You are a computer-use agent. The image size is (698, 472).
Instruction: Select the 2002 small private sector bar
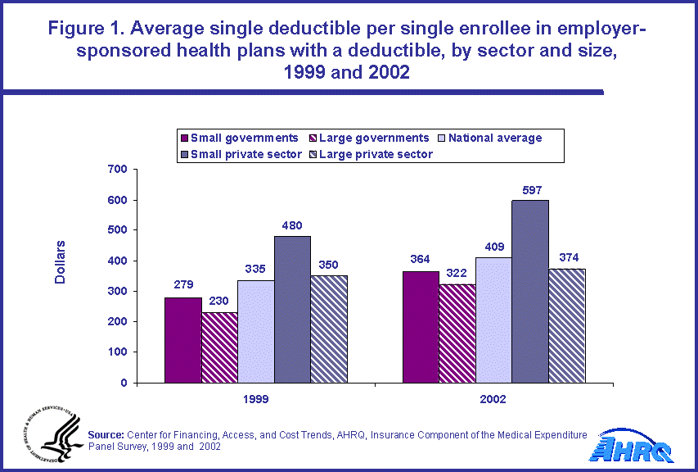(x=530, y=291)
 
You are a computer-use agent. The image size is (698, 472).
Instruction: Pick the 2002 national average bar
(x=493, y=320)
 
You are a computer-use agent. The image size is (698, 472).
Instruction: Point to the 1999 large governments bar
(x=219, y=347)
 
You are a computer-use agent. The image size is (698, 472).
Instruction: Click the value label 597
(x=530, y=190)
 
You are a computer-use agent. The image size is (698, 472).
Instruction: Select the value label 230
(x=219, y=302)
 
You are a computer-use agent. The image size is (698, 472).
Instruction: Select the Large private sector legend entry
(x=377, y=153)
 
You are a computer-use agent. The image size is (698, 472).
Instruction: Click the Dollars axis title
(x=61, y=262)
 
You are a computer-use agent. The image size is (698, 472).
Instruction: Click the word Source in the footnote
(x=105, y=434)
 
